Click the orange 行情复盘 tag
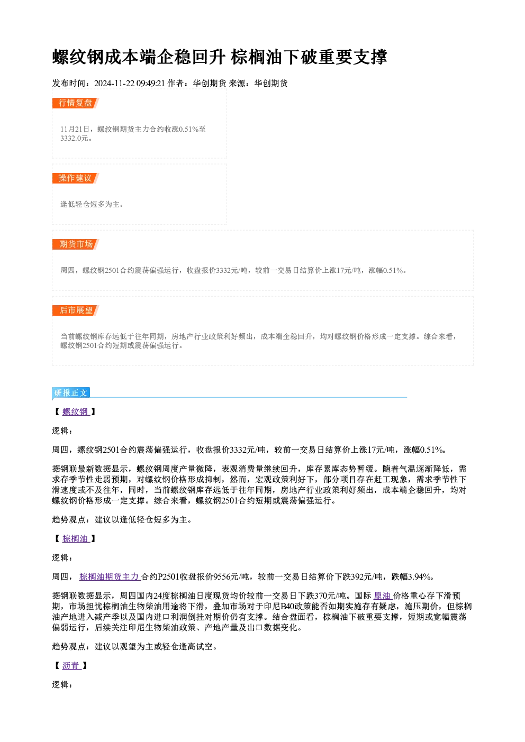tap(76, 103)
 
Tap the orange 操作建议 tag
tap(76, 178)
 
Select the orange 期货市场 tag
tap(76, 244)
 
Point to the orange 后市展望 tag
tap(76, 310)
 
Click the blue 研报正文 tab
tap(71, 393)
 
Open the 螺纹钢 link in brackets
tap(76, 412)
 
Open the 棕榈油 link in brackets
tap(76, 538)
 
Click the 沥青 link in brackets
tap(71, 665)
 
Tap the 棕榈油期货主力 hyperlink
tap(110, 576)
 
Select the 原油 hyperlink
tap(383, 596)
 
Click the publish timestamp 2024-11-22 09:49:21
tap(130, 83)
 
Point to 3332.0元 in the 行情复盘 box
tap(74, 138)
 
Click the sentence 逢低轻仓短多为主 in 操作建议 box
tap(90, 204)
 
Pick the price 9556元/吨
tap(231, 576)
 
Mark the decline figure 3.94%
tap(420, 576)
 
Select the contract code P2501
tap(169, 576)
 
